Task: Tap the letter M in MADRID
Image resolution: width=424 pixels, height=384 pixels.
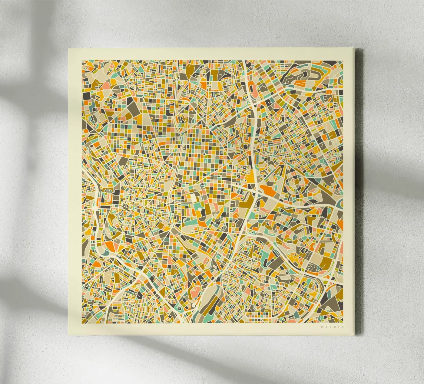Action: tap(322, 327)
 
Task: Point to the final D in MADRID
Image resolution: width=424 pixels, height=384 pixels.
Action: tap(343, 327)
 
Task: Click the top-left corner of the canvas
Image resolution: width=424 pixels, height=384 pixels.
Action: tap(68, 48)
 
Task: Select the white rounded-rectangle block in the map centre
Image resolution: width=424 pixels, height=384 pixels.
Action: tap(193, 198)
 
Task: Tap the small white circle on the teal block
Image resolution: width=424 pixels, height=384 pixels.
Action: tap(199, 209)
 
